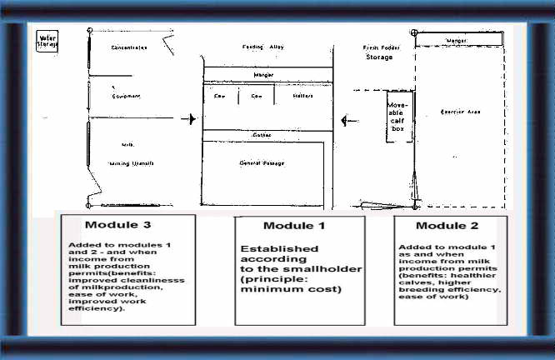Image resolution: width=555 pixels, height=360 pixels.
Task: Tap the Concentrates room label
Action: pyautogui.click(x=129, y=47)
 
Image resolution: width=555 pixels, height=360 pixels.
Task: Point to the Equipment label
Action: pyautogui.click(x=126, y=96)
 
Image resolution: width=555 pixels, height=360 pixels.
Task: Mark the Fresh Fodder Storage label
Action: pyautogui.click(x=383, y=52)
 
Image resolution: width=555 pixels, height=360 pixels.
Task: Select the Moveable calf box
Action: pyautogui.click(x=398, y=117)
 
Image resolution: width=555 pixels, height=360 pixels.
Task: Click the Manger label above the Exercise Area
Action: pyautogui.click(x=457, y=39)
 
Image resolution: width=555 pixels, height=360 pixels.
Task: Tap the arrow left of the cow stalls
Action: pyautogui.click(x=193, y=119)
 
